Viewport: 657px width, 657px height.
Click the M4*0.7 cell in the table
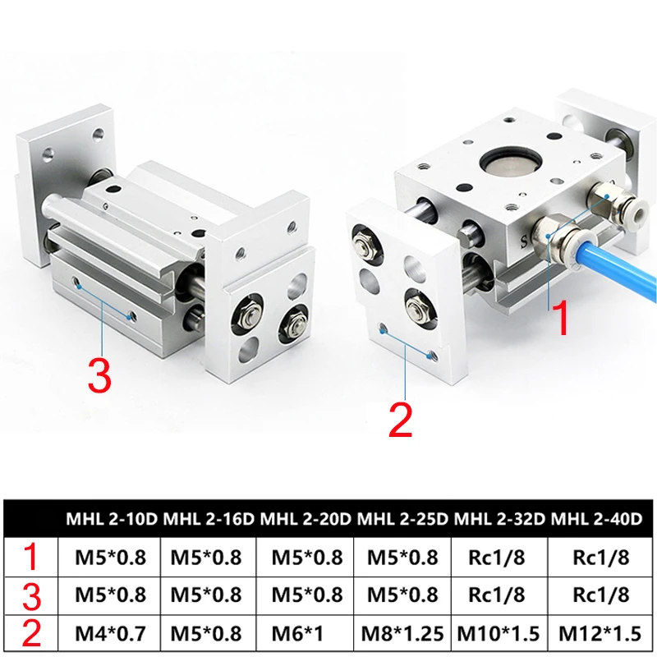(113, 633)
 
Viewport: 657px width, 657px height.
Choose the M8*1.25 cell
(402, 633)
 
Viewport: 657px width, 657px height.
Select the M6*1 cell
(306, 633)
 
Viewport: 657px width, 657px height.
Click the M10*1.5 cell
(499, 633)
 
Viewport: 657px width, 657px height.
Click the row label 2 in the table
(31, 633)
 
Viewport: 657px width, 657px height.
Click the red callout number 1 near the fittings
(560, 318)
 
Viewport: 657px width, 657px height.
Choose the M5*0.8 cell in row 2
(209, 633)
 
